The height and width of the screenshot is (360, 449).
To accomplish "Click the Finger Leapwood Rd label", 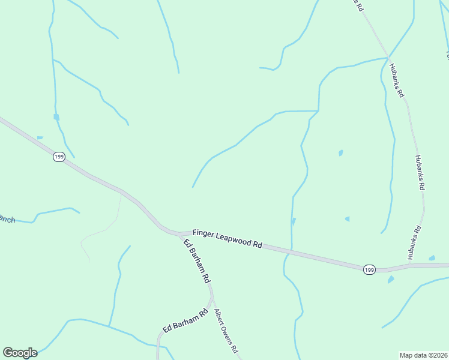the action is coord(228,238).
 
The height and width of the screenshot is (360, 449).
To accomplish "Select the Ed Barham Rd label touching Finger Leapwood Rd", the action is coord(197,261).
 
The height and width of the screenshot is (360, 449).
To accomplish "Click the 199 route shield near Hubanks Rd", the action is coord(369,270).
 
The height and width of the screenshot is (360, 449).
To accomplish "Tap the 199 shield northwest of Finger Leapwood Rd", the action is coord(59,157).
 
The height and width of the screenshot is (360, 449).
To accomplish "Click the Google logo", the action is coord(20,353).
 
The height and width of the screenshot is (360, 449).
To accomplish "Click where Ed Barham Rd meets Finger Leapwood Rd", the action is coord(179,233).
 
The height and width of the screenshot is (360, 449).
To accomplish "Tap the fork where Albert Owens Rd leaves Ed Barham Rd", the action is coord(211,298).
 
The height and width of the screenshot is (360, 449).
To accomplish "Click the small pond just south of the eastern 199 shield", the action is coord(391,280).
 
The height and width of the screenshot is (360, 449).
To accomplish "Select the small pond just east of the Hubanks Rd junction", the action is coord(432,259).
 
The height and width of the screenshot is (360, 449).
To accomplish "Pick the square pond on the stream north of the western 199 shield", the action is coord(56,117).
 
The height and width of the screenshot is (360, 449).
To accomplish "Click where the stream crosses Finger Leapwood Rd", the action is coord(291,249).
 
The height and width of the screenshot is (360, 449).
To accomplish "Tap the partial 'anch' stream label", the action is coord(7,220).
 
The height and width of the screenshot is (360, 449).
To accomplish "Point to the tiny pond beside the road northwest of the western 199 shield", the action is coord(40,138).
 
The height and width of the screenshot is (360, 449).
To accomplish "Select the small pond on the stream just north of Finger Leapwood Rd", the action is coord(293,221).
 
